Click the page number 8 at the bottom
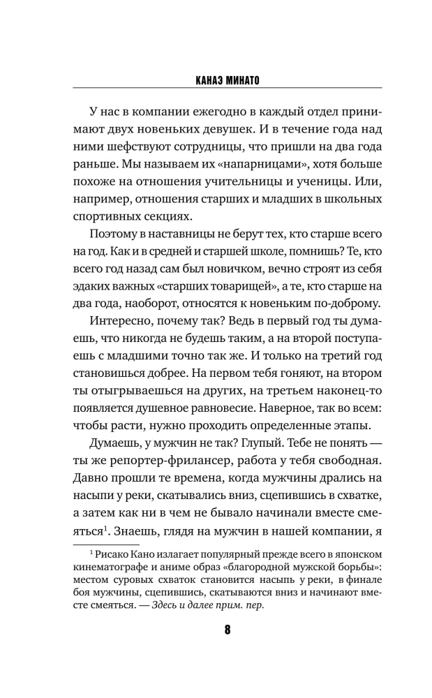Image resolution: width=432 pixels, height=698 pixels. (216, 648)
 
